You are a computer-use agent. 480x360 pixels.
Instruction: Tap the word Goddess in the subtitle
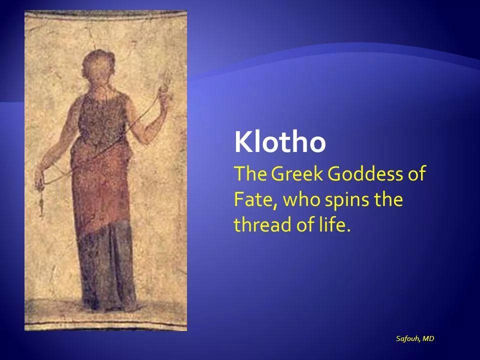coord(365,173)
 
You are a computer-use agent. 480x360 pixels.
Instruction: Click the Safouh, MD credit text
coord(415,338)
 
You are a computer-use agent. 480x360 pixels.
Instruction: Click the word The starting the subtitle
coord(249,173)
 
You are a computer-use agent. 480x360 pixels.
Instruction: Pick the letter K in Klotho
coord(243,142)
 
